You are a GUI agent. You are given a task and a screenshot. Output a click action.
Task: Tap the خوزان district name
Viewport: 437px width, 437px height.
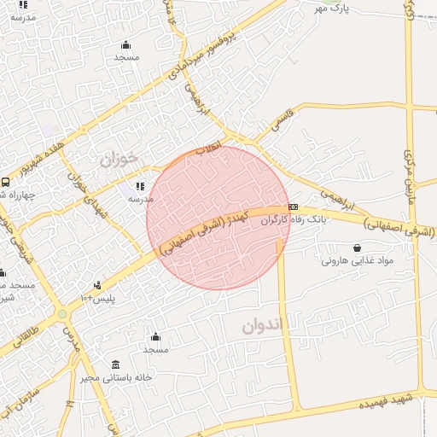click(x=118, y=159)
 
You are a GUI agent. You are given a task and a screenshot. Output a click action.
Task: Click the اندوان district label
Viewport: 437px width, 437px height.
click(x=261, y=326)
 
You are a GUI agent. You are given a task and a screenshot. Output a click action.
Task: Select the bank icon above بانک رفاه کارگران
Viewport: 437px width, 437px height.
click(x=293, y=207)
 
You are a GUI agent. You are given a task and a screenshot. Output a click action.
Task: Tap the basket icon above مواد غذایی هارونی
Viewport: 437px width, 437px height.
click(x=356, y=248)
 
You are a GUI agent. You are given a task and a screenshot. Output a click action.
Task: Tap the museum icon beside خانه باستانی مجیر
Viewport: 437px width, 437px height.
click(x=116, y=364)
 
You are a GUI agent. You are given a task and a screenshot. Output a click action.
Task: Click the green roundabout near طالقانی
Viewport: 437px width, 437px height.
click(x=62, y=315)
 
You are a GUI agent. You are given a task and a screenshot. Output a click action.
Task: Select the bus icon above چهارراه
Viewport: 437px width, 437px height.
click(x=6, y=182)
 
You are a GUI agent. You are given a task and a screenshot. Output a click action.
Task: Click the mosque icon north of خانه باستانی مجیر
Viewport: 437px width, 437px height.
click(x=155, y=336)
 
